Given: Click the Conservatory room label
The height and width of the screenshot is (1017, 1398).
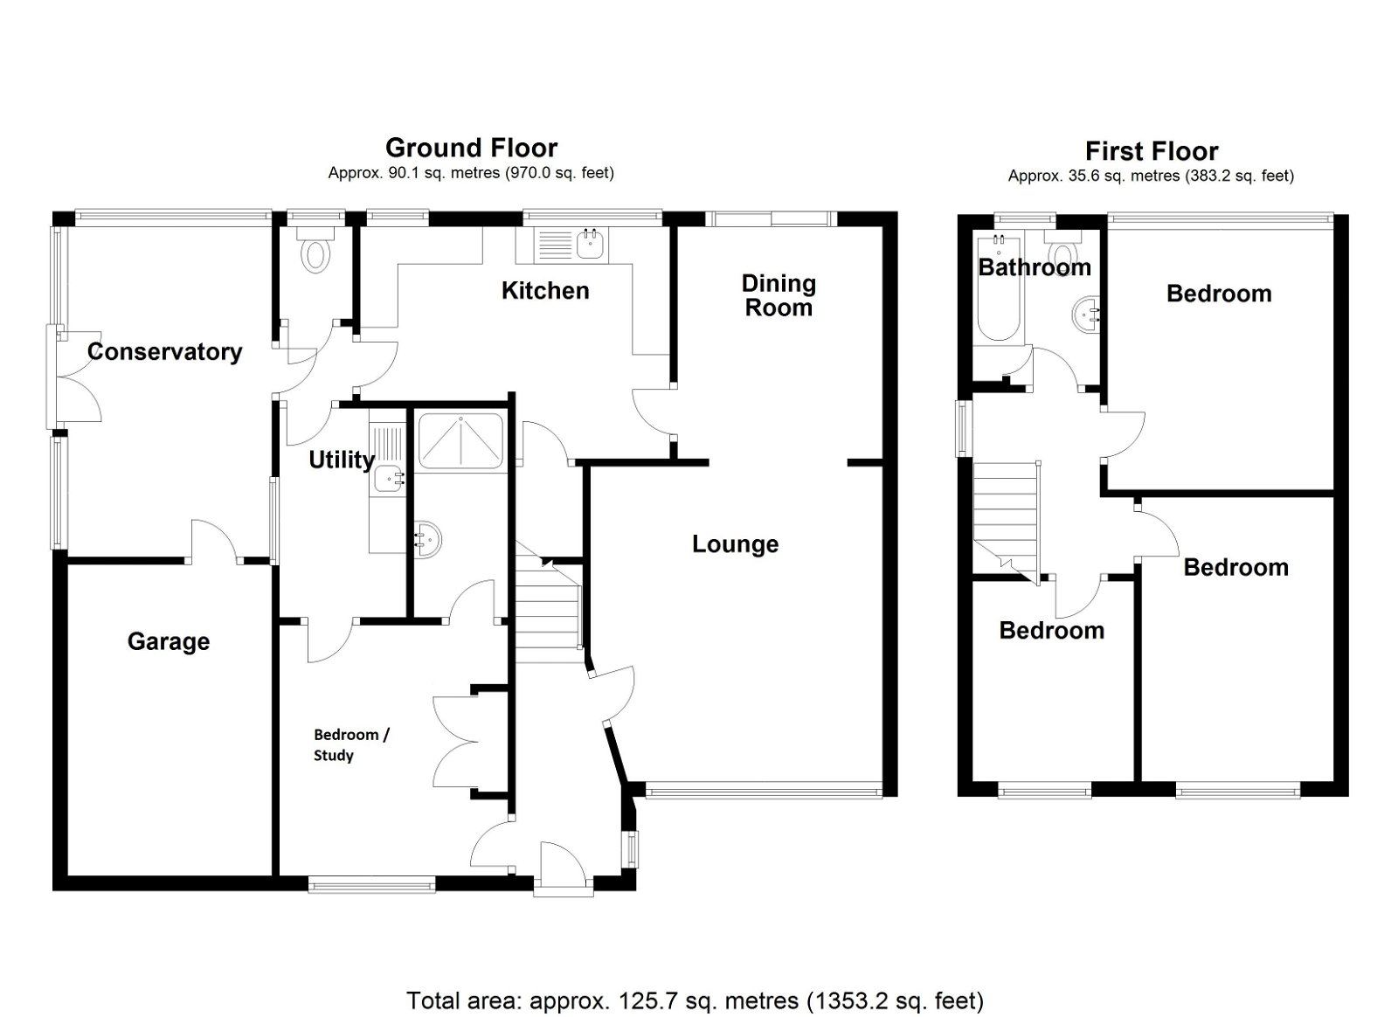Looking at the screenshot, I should pos(164,352).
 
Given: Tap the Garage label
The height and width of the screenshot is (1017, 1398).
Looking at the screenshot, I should pos(169,642).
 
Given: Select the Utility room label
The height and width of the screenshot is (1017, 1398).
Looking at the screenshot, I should pos(341,460).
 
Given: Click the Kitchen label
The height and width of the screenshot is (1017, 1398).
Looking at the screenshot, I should pos(545,291).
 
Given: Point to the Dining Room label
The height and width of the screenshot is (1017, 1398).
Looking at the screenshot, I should pos(778,295).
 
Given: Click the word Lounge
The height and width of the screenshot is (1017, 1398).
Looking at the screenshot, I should pos(735,544).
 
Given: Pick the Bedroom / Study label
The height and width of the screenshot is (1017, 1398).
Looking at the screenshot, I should pos(351,744).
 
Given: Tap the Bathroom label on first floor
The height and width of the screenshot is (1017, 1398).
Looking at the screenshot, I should pos(1034,267).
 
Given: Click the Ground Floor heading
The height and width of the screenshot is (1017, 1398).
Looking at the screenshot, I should pos(471,148).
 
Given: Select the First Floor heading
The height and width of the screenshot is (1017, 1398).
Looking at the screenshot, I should pos(1151,151).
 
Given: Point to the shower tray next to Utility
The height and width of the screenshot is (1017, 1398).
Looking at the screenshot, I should pos(460,442).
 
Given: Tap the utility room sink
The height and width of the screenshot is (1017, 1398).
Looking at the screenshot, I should pos(389,479).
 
